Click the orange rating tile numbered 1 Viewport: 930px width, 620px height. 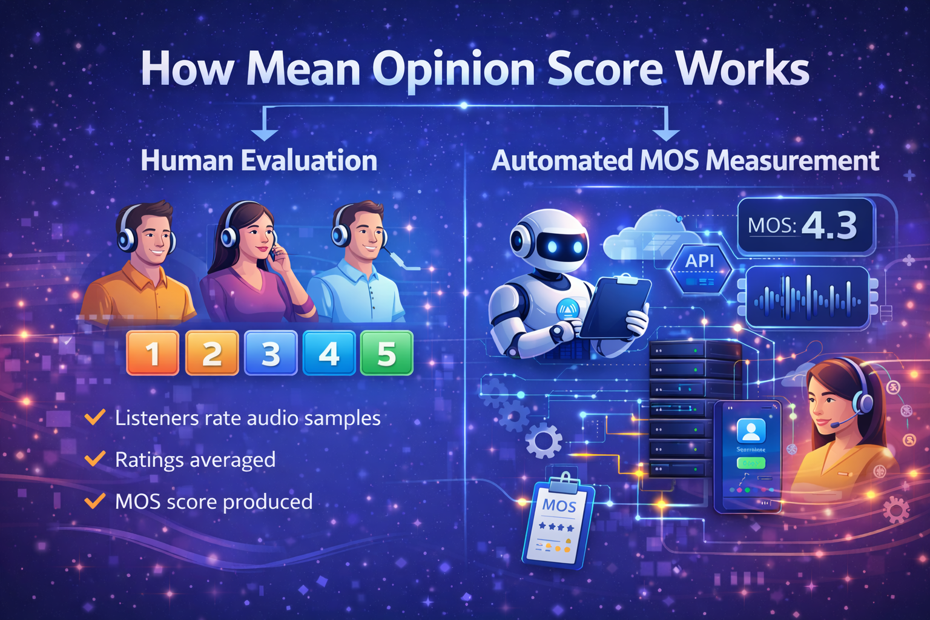[153, 353]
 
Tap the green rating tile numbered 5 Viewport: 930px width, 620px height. [387, 353]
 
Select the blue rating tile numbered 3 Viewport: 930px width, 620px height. [271, 353]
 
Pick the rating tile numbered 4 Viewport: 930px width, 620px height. [329, 353]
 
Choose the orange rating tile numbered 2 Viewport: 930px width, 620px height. [212, 353]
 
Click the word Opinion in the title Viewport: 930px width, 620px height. [453, 70]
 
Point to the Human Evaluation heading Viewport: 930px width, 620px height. [259, 160]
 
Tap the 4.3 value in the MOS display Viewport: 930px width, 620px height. [829, 225]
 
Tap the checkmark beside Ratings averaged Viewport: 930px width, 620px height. [95, 458]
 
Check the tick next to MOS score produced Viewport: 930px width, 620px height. [95, 501]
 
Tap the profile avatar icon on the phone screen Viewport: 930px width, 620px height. [751, 430]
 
